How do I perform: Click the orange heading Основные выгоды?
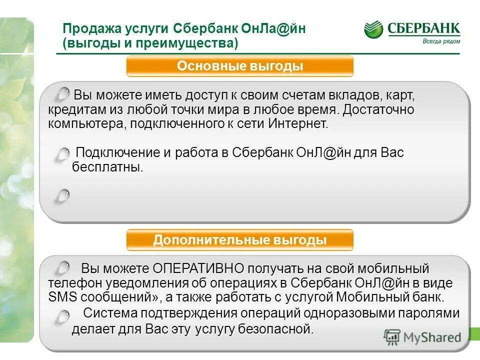click(240, 66)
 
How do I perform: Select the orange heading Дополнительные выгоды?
click(240, 240)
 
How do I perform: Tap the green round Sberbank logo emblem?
click(373, 29)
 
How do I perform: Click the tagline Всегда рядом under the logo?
click(437, 41)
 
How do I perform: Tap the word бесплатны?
click(107, 167)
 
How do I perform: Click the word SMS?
click(60, 298)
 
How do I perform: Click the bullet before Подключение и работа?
click(62, 154)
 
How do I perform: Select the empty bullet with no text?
click(62, 195)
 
